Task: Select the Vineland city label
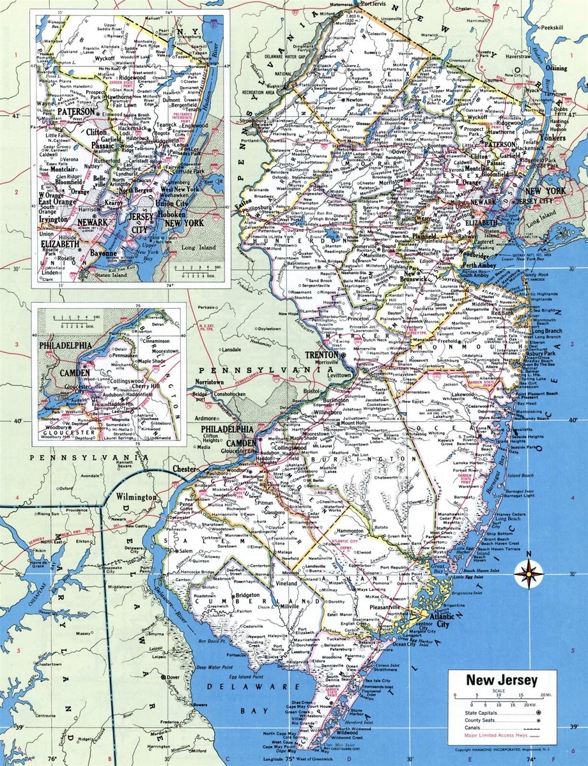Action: (x=287, y=583)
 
